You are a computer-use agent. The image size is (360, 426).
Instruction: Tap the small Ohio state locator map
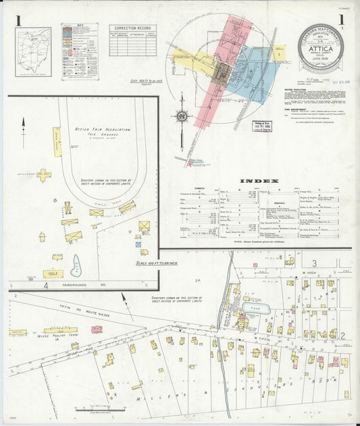click(33, 51)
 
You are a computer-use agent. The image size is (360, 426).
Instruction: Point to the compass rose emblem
click(181, 116)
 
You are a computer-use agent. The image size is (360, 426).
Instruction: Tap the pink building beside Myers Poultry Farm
click(97, 329)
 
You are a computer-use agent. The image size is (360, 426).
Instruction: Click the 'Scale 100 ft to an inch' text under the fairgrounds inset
click(157, 263)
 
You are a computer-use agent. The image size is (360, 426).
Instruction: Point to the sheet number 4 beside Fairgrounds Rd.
click(46, 286)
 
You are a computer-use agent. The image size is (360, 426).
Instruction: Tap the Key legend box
click(80, 51)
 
